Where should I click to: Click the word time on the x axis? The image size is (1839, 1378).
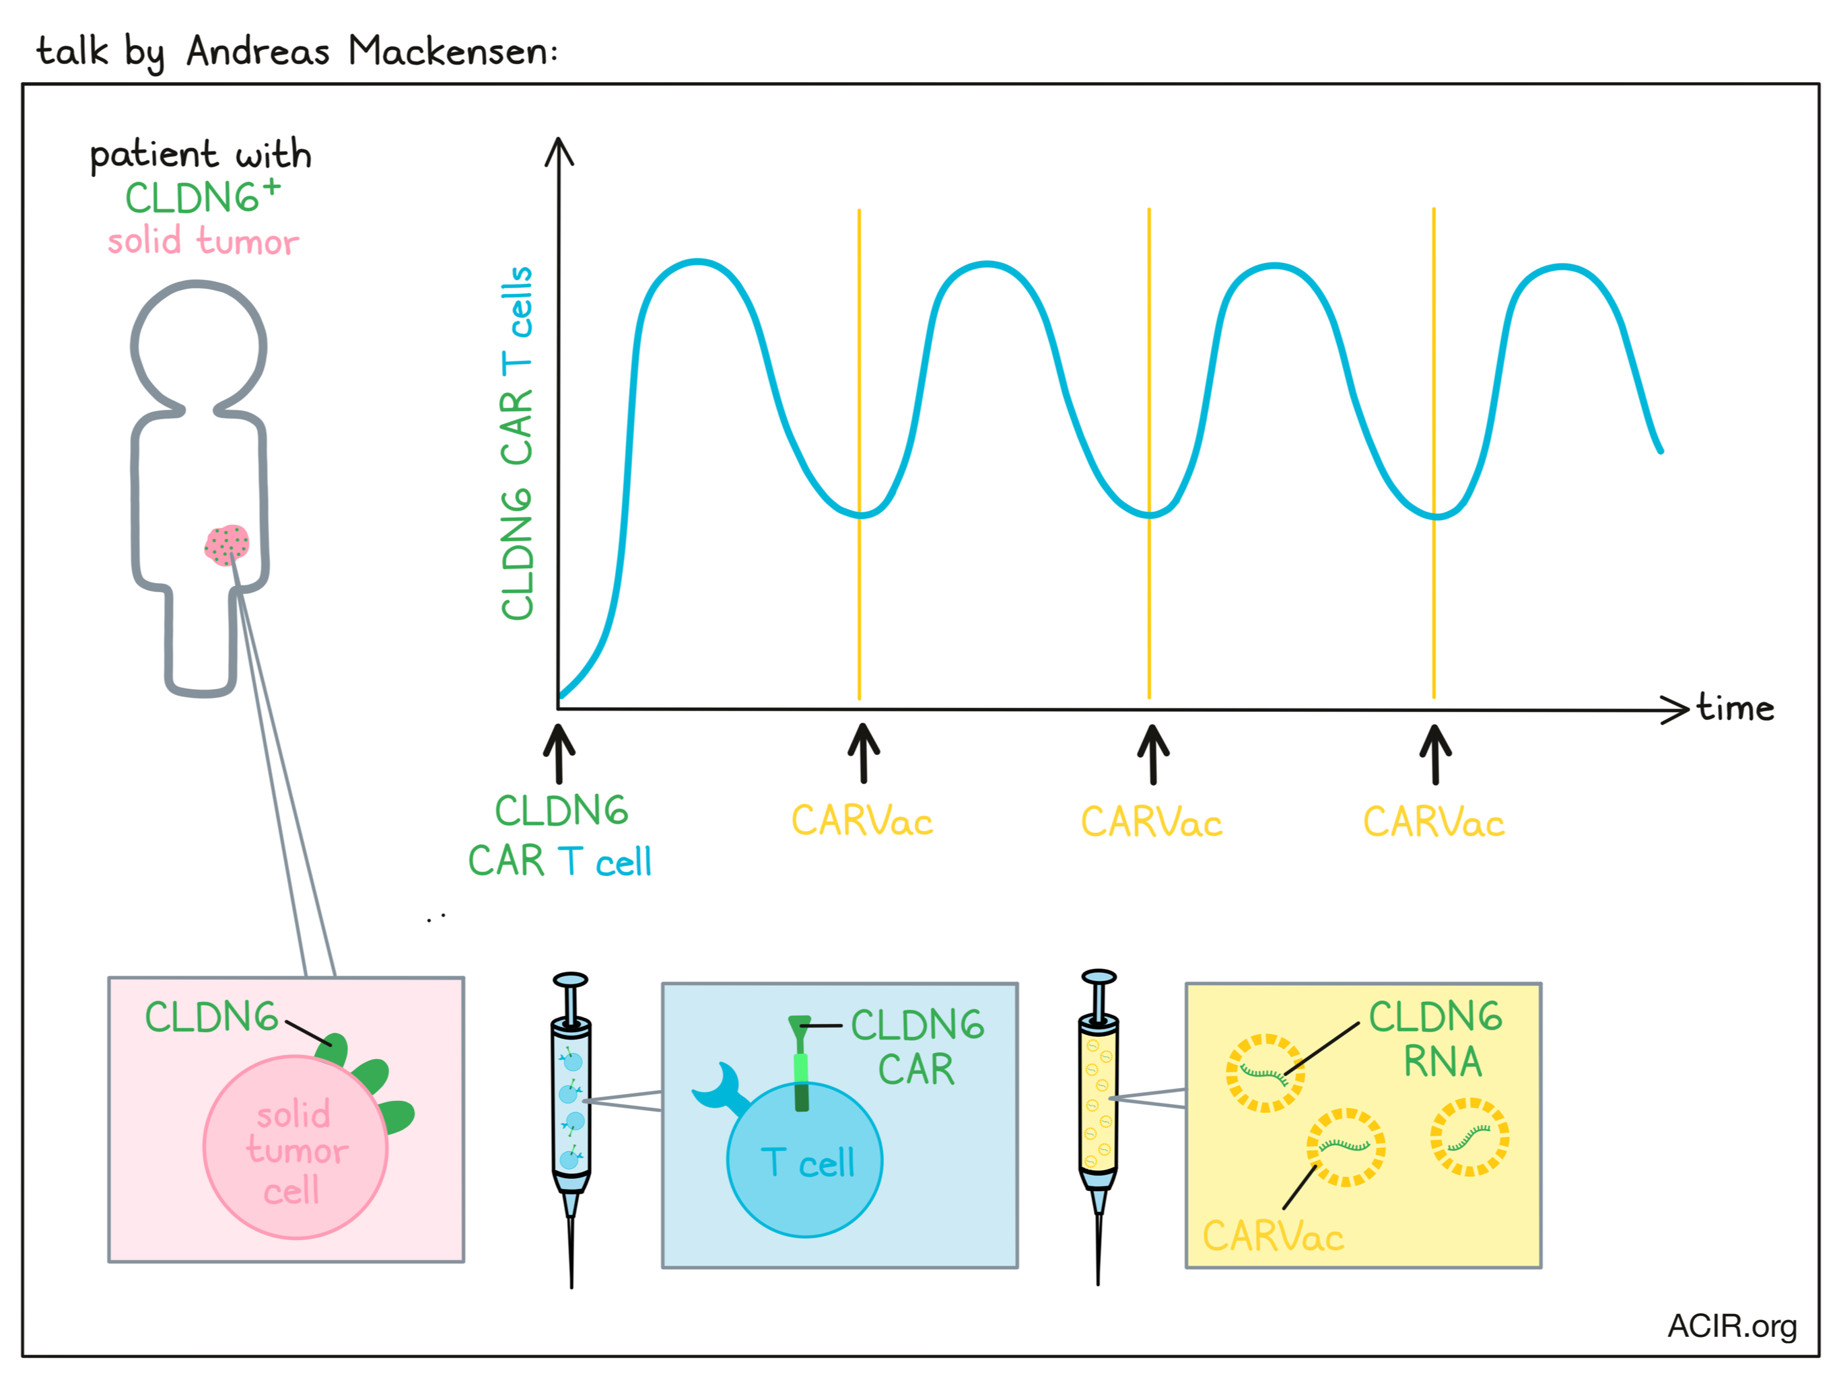click(x=1736, y=707)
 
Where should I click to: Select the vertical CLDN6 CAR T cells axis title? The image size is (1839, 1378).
click(x=516, y=442)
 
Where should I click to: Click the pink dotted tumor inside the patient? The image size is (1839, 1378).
click(x=227, y=545)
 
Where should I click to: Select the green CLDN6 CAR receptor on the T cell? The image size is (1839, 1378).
click(x=800, y=1063)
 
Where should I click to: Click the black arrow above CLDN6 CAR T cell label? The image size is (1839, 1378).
click(x=559, y=753)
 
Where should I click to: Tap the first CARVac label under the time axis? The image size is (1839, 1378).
click(x=862, y=821)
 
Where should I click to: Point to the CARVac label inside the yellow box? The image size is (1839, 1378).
click(x=1273, y=1236)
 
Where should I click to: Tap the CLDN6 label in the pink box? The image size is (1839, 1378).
click(x=211, y=1017)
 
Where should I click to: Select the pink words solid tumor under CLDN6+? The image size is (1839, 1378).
click(x=203, y=241)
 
